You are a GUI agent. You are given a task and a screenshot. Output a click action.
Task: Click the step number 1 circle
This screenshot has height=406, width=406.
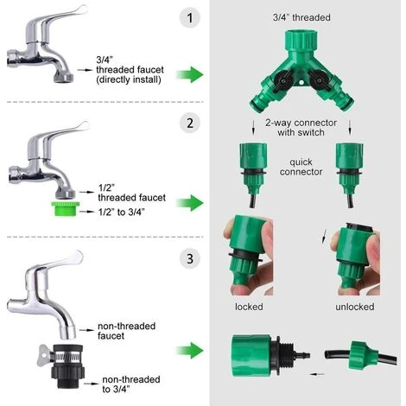point(190,18)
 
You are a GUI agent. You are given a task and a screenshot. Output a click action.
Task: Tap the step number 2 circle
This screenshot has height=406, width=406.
point(190,124)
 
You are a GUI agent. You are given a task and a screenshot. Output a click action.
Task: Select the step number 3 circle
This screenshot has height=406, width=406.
point(190,258)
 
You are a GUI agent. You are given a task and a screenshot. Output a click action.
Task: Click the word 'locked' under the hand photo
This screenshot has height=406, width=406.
point(249,307)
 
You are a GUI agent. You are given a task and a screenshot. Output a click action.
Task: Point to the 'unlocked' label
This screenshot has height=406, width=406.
point(355,307)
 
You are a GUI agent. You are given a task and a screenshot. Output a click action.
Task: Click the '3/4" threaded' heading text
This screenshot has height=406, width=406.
point(301,17)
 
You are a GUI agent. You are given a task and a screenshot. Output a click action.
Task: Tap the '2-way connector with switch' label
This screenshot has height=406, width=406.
point(301,128)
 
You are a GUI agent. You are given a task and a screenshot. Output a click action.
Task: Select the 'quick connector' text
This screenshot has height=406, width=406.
point(301,167)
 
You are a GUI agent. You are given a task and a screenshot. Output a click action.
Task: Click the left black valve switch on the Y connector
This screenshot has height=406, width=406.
point(283,80)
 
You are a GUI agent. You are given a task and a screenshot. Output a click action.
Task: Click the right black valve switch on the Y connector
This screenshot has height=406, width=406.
point(319,79)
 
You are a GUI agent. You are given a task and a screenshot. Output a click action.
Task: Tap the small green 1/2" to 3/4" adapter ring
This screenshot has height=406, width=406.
point(66,209)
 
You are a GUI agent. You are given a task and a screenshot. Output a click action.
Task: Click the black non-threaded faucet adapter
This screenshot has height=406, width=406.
point(67,365)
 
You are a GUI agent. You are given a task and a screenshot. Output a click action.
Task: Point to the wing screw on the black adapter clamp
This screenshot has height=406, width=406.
point(43,355)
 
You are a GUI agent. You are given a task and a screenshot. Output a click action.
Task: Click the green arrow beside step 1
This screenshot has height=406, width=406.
point(190,74)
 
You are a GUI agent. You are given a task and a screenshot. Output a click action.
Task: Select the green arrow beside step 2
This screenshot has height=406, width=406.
point(190,203)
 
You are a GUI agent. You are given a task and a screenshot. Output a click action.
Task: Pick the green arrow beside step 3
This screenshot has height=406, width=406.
point(190,351)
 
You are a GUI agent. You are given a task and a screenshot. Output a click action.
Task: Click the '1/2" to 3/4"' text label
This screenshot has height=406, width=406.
point(121,213)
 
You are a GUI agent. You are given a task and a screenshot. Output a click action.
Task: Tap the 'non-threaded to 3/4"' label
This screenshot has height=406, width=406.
point(131,384)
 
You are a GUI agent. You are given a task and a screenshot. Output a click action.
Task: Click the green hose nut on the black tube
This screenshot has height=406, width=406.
point(364,355)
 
